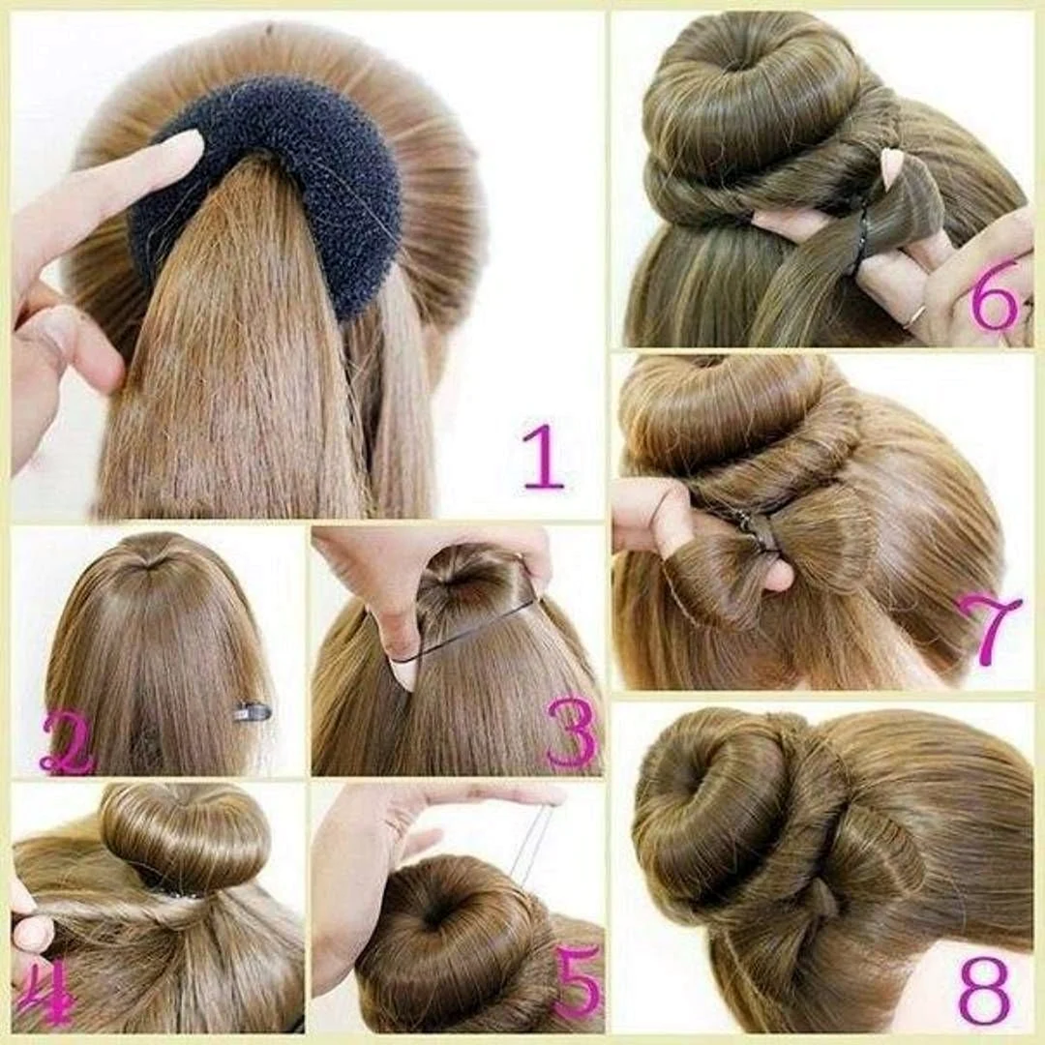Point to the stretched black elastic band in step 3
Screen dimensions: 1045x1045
[466, 630]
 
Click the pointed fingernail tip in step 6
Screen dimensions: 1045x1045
[886, 160]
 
